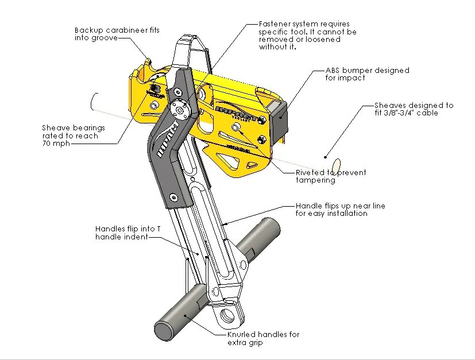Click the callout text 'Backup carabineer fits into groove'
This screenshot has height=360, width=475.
pos(117,33)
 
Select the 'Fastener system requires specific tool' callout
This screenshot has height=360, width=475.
pos(307,36)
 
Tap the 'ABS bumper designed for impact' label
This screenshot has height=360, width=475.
pos(367,74)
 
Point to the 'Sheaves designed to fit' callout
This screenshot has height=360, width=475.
pos(414,109)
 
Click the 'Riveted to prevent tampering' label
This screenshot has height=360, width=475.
pos(330,176)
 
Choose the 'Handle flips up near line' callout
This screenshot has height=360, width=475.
pos(340,209)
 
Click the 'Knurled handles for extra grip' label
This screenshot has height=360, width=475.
pos(263,338)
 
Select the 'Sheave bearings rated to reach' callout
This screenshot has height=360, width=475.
pos(70,136)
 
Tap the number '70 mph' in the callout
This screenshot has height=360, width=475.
pos(56,144)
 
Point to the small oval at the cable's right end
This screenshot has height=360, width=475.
pos(337,165)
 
